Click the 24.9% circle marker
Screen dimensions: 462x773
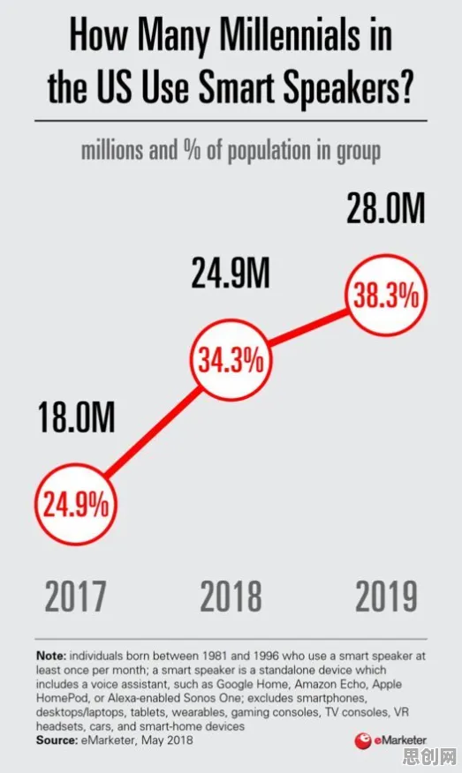point(76,505)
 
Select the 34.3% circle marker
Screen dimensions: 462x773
point(231,360)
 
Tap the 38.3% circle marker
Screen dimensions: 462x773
point(385,296)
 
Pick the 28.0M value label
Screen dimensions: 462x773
point(385,208)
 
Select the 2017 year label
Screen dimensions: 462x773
point(75,596)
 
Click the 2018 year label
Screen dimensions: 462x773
point(231,596)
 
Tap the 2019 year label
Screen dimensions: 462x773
point(387,596)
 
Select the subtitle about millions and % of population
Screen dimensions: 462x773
point(231,151)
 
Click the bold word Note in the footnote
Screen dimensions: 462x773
point(51,657)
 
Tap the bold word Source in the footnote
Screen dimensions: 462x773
point(57,740)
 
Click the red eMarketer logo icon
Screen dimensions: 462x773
point(363,740)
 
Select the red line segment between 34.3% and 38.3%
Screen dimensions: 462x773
point(308,328)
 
